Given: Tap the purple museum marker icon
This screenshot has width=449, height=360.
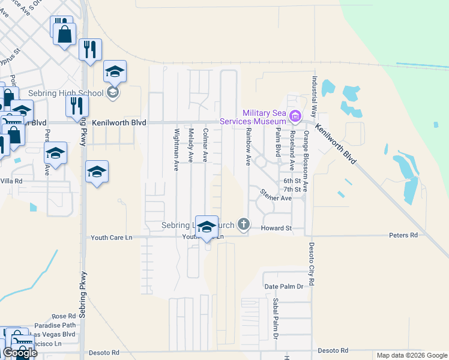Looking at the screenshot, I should coord(294,116).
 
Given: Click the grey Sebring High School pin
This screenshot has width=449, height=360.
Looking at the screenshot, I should coord(112,92).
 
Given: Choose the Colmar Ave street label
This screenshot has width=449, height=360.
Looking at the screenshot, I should coord(205,145).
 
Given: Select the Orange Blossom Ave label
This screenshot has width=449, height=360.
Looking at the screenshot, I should coord(306,160).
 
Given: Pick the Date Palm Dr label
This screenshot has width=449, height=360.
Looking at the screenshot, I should coord(285,287).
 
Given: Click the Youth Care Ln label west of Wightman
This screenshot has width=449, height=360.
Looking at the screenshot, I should coord(111,238).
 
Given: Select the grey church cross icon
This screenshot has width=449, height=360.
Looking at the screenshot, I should coord(243,224).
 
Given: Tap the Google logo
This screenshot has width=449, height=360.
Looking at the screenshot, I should coord(20,352).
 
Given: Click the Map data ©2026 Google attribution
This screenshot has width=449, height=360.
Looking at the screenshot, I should coord(412,355).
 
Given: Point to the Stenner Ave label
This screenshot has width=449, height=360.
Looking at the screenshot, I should coord(276,196).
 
